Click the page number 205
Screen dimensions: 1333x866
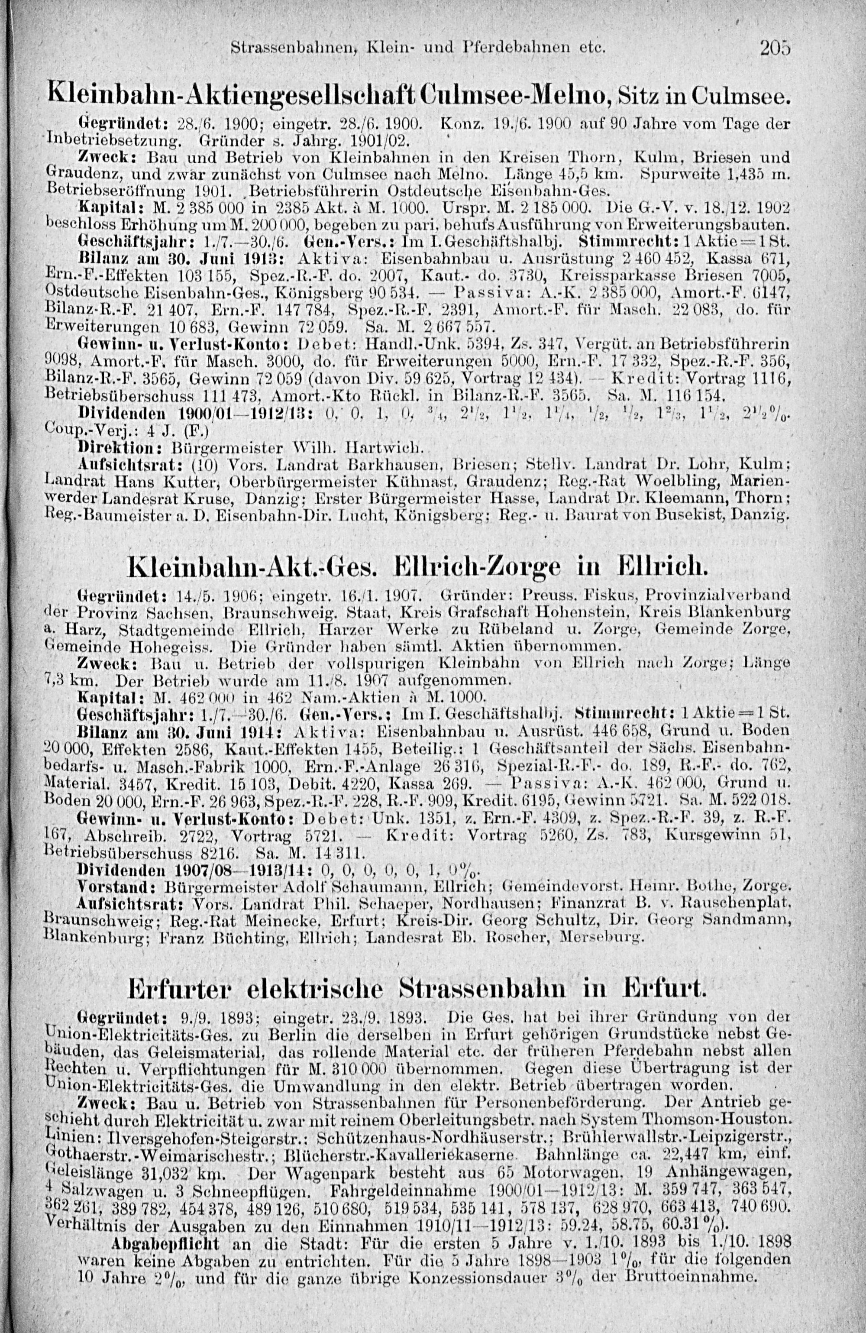(x=775, y=49)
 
